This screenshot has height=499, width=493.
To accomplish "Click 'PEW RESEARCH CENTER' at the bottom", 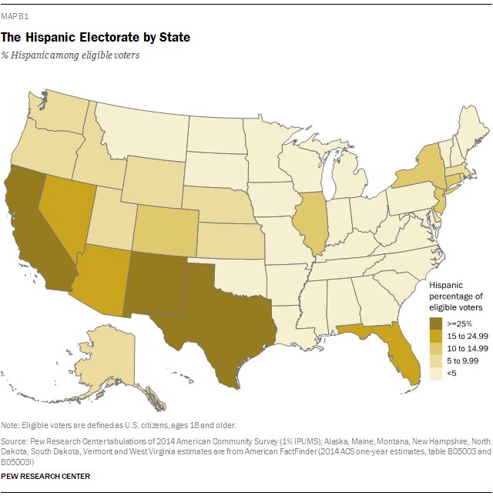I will pyautogui.click(x=45, y=476).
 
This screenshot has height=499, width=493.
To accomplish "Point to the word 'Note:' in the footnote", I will pyautogui.click(x=12, y=425).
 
